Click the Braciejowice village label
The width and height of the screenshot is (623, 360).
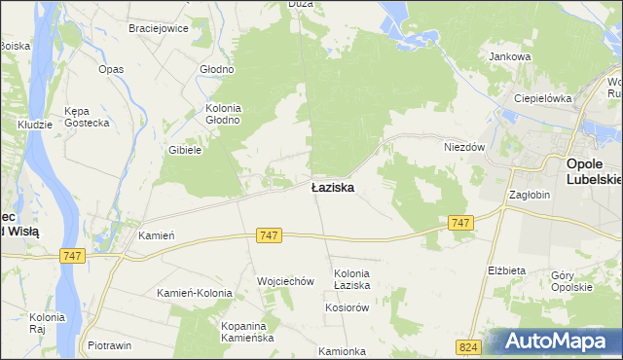pyautogui.click(x=158, y=28)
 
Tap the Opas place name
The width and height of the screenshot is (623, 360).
pyautogui.click(x=111, y=70)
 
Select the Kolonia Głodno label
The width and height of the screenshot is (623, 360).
pyautogui.click(x=221, y=114)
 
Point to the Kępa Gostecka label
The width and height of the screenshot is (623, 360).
pyautogui.click(x=83, y=117)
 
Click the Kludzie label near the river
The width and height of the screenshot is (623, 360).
pyautogui.click(x=35, y=126)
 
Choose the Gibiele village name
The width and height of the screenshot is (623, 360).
pyautogui.click(x=185, y=150)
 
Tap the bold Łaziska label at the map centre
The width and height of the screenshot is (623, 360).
pyautogui.click(x=332, y=187)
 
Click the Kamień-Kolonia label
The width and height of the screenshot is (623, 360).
pyautogui.click(x=195, y=293)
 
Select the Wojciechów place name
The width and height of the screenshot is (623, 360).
pyautogui.click(x=285, y=281)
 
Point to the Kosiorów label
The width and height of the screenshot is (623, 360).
pyautogui.click(x=347, y=306)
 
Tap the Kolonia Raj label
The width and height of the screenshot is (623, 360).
pyautogui.click(x=47, y=323)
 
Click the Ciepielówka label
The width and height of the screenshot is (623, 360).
pyautogui.click(x=542, y=99)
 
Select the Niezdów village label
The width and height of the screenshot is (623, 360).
pyautogui.click(x=464, y=146)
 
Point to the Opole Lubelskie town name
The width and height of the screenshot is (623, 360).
pyautogui.click(x=594, y=171)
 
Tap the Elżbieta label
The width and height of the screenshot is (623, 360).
pyautogui.click(x=506, y=270)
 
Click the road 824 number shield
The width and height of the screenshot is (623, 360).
pyautogui.click(x=468, y=346)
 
